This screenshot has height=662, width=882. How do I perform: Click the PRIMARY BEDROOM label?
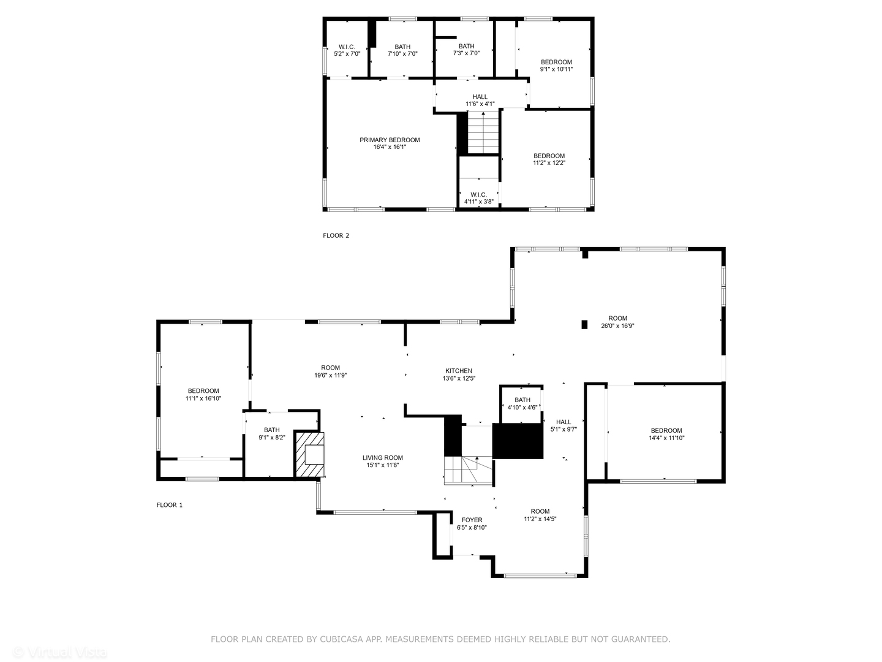(390, 140)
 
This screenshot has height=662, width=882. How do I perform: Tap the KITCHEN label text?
(458, 371)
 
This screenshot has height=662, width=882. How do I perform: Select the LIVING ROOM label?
(382, 458)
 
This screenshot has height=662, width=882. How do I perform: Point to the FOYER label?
(472, 520)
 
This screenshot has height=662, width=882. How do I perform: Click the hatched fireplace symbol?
(310, 454)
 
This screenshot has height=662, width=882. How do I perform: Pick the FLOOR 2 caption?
(336, 235)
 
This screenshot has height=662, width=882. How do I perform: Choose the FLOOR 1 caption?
(170, 505)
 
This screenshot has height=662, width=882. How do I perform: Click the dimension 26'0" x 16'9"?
(617, 326)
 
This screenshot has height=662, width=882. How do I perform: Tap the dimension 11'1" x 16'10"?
(203, 398)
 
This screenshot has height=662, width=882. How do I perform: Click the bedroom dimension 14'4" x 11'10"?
(666, 438)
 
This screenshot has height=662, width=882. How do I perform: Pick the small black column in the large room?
(584, 324)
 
